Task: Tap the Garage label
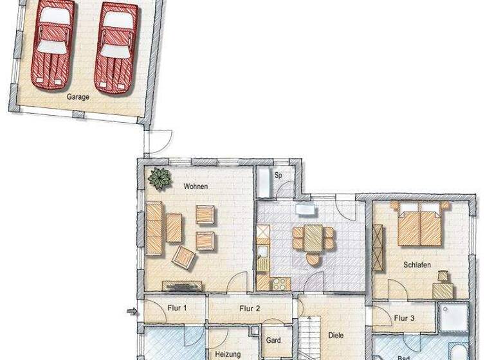point(78,98)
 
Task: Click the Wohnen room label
point(196,186)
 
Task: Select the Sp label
point(279,175)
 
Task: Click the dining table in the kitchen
point(313,237)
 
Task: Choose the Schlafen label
point(417,265)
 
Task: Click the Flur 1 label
point(176,309)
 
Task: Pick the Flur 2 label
point(250,309)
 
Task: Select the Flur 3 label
point(404,318)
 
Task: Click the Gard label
point(273,340)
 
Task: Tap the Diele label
point(335,335)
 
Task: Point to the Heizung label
point(227,354)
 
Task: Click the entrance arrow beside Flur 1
point(133,312)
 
